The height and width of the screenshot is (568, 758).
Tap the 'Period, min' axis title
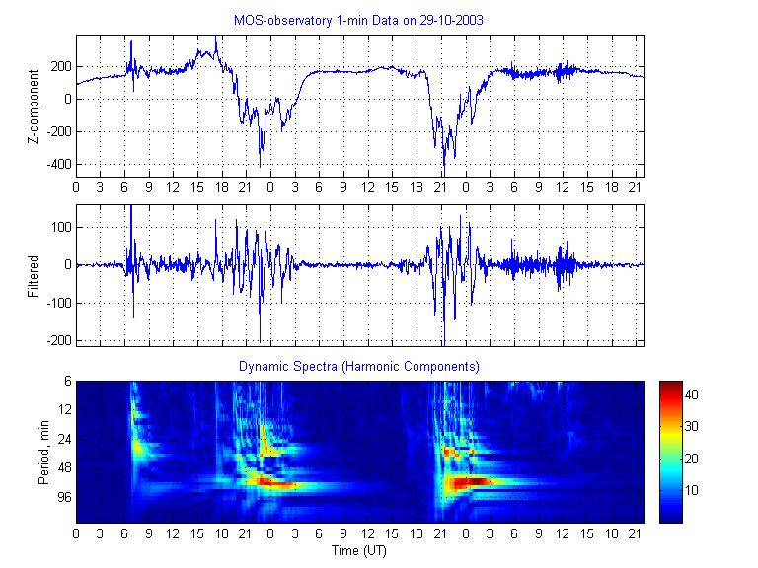[39, 452]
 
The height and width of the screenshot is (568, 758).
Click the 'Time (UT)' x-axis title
[359, 549]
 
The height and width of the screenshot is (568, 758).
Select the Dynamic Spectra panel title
[359, 366]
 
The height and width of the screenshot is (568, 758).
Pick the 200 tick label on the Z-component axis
[59, 67]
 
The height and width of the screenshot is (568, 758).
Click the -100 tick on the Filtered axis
[55, 303]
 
